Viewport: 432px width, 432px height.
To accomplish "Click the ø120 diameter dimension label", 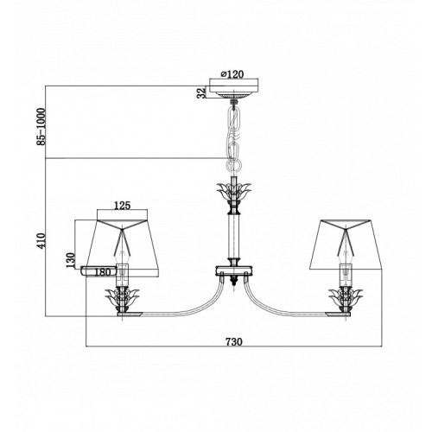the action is click(x=232, y=74).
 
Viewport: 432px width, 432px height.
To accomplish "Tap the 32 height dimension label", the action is click(x=201, y=92).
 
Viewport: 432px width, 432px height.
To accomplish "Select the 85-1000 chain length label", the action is click(x=41, y=126).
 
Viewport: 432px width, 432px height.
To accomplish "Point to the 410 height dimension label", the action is click(x=41, y=240).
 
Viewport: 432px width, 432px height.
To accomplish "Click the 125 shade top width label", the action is click(x=123, y=206).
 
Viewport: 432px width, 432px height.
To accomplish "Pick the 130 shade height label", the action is click(x=71, y=260).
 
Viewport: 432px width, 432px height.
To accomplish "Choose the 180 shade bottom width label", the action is click(x=102, y=272).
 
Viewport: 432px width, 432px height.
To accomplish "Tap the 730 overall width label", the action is click(x=234, y=342).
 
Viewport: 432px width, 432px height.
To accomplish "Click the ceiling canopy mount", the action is click(x=234, y=89).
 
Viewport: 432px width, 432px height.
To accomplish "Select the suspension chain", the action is click(x=234, y=138).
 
